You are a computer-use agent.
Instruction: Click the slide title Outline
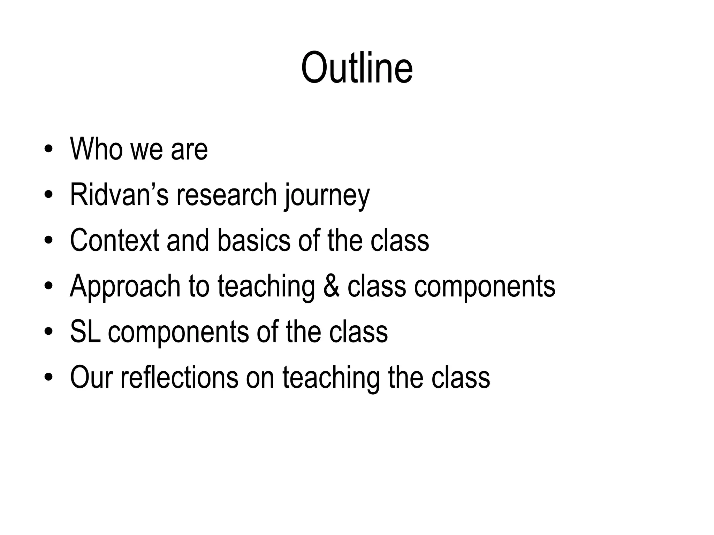point(357,68)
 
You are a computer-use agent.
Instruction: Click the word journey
point(327,196)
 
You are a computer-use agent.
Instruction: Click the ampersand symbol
point(331,286)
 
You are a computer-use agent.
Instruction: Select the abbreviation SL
point(85,332)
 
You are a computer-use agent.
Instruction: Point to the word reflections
point(179,377)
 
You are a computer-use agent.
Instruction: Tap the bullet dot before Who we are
point(48,150)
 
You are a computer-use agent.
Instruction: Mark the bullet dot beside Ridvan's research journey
point(48,195)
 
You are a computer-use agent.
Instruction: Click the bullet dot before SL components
point(48,332)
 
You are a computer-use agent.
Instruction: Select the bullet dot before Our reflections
point(48,378)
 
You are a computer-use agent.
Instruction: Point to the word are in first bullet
point(189,150)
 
